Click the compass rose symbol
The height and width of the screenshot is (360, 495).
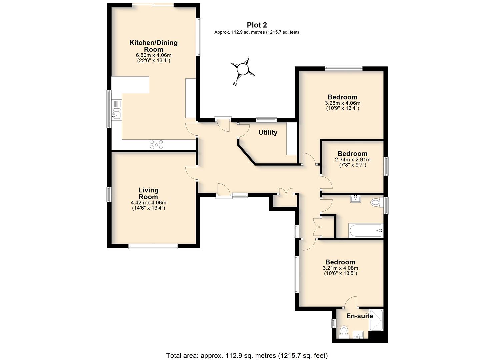[243, 69]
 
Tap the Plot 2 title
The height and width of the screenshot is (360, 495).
[257, 25]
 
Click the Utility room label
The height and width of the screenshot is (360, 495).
[268, 132]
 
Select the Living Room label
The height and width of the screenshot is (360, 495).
[148, 193]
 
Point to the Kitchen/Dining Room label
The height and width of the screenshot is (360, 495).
[153, 46]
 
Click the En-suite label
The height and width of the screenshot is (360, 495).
[360, 316]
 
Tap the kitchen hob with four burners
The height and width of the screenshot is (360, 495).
[156, 145]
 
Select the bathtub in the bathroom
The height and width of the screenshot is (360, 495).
[366, 231]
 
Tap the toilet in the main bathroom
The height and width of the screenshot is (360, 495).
[377, 202]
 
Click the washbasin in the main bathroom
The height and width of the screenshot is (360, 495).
[356, 199]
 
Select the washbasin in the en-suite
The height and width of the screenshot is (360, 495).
[358, 335]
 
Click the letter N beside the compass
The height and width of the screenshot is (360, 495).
[235, 84]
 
